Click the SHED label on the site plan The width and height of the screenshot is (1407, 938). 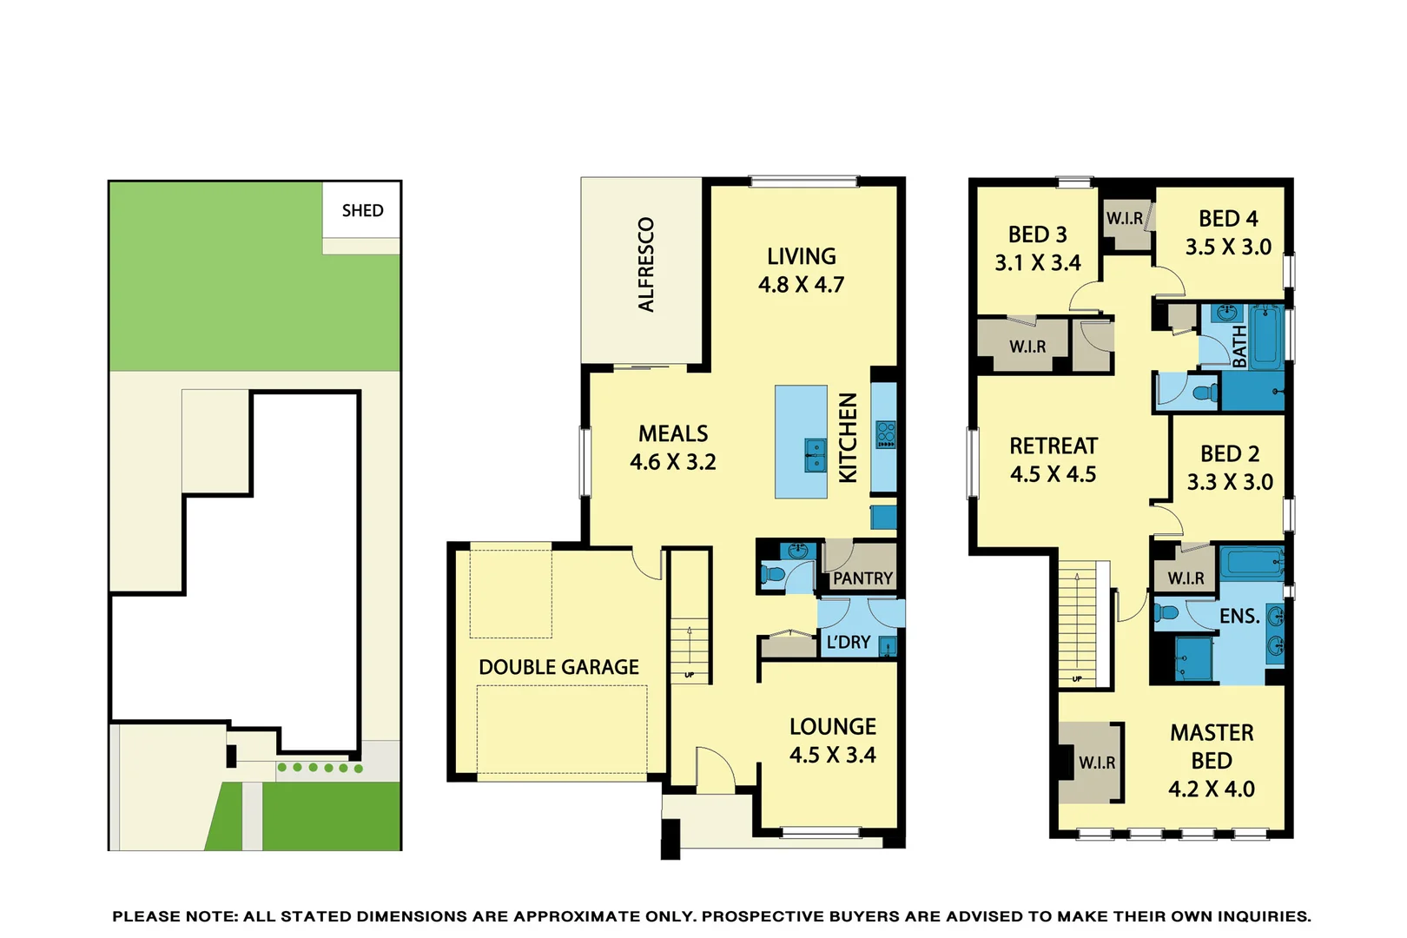tap(362, 210)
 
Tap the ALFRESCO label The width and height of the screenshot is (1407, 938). tap(645, 264)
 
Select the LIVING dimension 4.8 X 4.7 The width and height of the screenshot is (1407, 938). tap(801, 285)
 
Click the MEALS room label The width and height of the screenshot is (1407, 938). tap(673, 433)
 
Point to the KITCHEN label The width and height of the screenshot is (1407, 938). tap(848, 438)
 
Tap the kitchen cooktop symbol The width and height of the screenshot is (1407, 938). tap(885, 434)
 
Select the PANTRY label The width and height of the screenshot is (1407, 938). tap(862, 578)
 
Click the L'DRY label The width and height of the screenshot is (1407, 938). tap(848, 642)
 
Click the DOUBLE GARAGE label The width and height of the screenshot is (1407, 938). tap(558, 667)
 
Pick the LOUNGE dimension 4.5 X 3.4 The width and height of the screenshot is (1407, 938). tap(832, 755)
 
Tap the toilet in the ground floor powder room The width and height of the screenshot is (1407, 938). tap(772, 574)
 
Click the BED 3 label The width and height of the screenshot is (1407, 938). tap(1037, 234)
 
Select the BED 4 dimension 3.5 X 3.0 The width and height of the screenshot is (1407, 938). tap(1228, 247)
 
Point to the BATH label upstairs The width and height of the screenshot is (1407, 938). tap(1239, 346)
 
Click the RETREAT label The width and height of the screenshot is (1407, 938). tap(1053, 446)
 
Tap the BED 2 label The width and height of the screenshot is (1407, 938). tap(1229, 453)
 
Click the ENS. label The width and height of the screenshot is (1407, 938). tap(1239, 616)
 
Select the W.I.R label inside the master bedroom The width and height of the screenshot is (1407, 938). tap(1097, 763)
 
